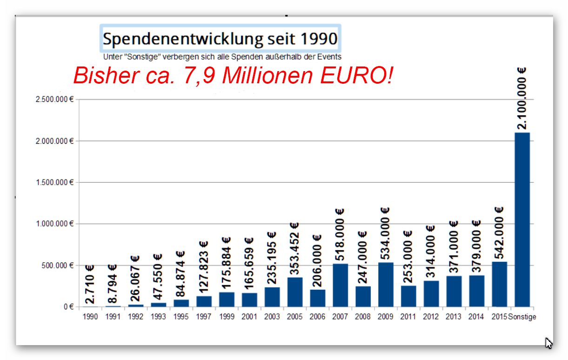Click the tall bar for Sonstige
coord(522,220)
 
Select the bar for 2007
coord(340,285)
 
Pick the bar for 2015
coord(499,284)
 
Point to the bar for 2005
coord(294,292)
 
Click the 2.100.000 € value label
coord(522,99)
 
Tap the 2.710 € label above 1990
coord(90,284)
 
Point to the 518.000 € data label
coord(340,235)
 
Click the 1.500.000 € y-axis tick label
coord(55,182)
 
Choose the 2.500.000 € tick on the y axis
coord(55,99)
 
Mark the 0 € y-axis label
coord(69,307)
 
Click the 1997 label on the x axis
coord(204,317)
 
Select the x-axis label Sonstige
coord(522,317)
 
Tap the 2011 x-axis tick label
coord(408,317)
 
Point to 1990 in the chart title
coord(319,39)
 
